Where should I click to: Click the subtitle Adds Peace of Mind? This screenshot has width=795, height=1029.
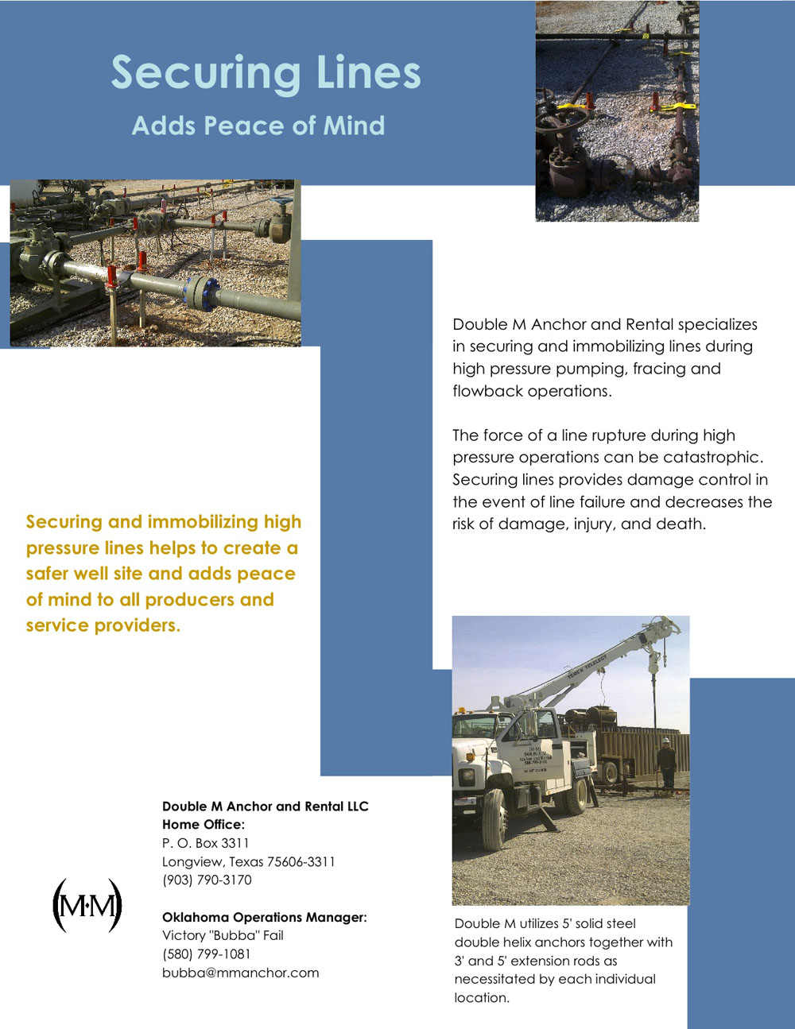258,126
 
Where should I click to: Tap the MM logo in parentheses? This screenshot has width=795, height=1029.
87,906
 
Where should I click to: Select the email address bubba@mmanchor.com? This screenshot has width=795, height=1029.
240,973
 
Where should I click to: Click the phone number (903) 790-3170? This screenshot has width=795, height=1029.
207,880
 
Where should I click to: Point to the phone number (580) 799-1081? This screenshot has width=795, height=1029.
206,954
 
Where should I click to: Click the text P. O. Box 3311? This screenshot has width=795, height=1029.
205,843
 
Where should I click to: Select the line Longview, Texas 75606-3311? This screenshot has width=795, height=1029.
248,861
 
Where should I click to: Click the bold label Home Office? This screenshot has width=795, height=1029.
204,825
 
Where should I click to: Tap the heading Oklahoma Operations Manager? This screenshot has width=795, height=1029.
264,917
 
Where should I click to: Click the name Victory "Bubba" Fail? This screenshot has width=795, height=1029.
223,935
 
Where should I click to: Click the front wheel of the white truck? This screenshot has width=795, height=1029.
494,818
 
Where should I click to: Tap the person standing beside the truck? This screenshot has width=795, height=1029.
666,763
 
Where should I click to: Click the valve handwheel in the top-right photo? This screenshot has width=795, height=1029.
560,119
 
